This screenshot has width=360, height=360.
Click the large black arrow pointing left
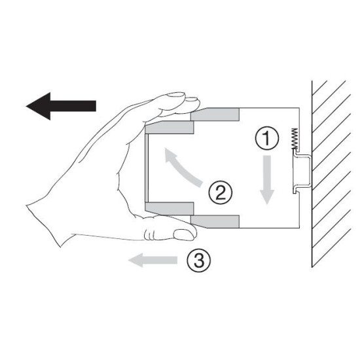61,106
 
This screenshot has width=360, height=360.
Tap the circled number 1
267,139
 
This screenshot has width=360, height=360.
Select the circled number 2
221,192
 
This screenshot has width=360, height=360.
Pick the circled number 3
198,261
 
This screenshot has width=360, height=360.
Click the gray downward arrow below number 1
266,180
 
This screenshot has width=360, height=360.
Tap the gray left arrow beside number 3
153,260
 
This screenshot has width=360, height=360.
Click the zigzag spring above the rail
295,139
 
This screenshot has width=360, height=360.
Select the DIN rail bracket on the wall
302,171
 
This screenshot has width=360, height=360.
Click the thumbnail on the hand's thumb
184,235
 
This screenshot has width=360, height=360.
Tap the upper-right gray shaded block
215,115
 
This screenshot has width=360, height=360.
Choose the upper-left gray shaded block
170,128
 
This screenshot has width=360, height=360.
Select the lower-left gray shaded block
170,209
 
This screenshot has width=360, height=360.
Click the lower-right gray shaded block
215,222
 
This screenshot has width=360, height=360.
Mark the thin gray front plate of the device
147,168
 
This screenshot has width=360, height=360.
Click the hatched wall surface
331,174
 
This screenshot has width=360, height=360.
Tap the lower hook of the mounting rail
295,190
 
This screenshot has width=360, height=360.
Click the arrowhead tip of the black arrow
26,106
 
